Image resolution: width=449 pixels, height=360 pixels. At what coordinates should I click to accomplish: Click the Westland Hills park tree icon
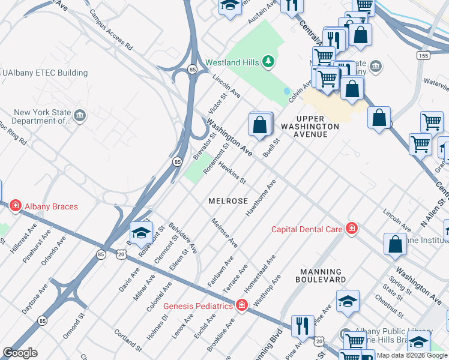click(268, 62)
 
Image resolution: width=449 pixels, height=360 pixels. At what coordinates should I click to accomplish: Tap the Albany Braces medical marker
click(15, 206)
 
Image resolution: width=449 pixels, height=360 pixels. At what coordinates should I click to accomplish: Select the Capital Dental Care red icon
click(351, 229)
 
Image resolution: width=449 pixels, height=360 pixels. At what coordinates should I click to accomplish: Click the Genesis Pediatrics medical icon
click(242, 306)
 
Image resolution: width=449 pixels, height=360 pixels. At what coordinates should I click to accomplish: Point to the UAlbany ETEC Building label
click(45, 73)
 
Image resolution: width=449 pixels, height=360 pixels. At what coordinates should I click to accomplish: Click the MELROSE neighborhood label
click(228, 201)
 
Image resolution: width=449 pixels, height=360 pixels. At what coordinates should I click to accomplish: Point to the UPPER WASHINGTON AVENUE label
click(310, 127)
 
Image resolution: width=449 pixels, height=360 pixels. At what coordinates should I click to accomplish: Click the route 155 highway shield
click(424, 55)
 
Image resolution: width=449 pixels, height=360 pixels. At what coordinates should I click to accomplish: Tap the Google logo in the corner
click(20, 353)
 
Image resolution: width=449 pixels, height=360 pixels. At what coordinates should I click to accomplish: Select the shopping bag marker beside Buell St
click(260, 125)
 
